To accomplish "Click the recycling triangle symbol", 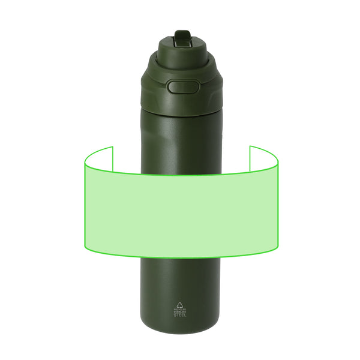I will tap(180, 304).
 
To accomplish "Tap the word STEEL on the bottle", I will tap(180, 315).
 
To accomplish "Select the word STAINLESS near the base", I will tap(180, 312).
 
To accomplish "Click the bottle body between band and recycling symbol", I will tap(180, 279).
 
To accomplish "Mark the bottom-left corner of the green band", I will tap(85, 248).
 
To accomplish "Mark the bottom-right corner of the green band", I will tap(277, 248).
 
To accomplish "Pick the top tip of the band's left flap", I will tap(112, 146).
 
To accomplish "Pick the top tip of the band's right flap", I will tap(250, 146).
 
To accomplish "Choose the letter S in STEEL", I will tap(175, 315).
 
